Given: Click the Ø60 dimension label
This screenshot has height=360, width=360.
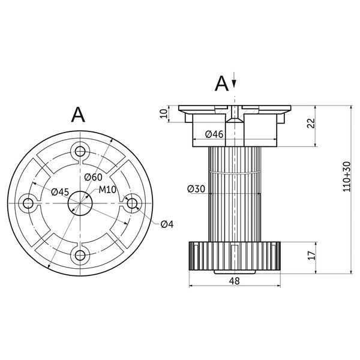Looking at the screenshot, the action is pos(93,177).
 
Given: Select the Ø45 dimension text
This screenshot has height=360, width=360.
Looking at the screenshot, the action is pos(60,192).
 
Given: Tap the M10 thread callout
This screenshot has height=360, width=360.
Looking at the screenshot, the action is pos(107,190).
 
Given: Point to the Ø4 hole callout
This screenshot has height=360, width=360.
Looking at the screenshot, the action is pos(167,224).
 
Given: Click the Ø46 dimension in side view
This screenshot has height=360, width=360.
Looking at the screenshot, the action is pos(214,134).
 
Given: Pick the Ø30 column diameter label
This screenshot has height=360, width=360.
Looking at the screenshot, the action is pos(196,189).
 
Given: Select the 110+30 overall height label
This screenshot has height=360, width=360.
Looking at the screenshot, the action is pos(347,176).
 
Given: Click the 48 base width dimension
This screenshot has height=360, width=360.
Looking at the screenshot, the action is pos(235,281).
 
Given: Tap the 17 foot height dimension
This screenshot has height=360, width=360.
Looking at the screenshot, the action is pos(311,256).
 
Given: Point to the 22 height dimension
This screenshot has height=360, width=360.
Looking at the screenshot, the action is pos(311,123).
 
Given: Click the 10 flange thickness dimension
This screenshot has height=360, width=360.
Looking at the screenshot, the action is pos(164,114).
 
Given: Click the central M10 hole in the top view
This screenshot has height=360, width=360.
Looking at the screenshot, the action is pos(80,203).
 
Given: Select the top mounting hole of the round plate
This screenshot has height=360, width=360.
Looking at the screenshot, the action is pos(80,151).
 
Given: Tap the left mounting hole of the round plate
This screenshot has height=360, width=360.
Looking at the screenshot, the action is pos(28,203).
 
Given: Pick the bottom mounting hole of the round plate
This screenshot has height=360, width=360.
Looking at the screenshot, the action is pos(80,255).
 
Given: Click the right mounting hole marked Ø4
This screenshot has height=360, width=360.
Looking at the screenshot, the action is pos(132,203).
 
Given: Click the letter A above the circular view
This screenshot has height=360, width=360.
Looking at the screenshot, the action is pos(78,115).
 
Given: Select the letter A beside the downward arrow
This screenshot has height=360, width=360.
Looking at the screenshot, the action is pos(221,84).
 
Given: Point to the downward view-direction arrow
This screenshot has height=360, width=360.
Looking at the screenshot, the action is pos(234,80).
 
